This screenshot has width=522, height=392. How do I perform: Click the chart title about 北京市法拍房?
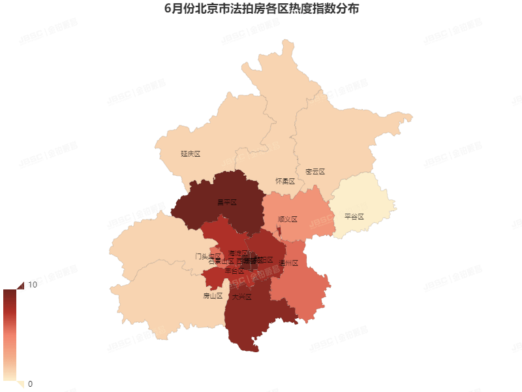coord(261,10)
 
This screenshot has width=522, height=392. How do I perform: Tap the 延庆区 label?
coord(191,154)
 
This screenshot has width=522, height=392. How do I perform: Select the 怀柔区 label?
coord(285,181)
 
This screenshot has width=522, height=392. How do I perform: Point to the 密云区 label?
coord(315,172)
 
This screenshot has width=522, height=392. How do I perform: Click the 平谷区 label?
coord(354,216)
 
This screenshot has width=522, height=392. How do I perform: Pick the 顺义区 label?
coord(287,220)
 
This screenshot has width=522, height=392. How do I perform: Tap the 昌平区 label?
coord(226,203)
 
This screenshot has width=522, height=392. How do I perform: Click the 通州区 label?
coord(288,263)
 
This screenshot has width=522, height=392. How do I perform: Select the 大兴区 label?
coord(241,297)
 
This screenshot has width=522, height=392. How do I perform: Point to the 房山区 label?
coord(213,295)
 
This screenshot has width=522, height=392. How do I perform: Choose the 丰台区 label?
coord(234,270)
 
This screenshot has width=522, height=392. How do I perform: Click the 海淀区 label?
coord(238,253)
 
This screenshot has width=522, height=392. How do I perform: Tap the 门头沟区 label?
coord(207,256)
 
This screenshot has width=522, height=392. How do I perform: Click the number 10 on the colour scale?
coord(32,285)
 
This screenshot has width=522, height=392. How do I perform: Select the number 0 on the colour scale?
coord(30,384)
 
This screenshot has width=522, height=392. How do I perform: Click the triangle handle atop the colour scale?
coord(20,286)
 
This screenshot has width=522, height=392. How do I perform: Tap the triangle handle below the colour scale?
coord(20,384)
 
